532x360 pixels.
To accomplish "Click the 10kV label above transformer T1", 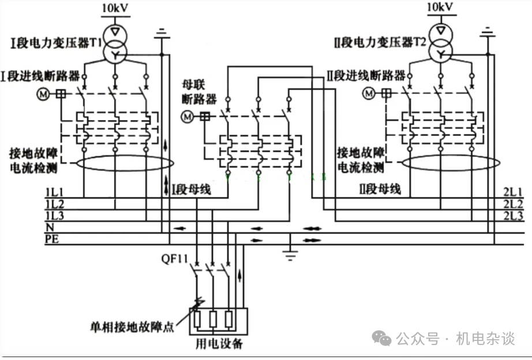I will pyautogui.click(x=115, y=8).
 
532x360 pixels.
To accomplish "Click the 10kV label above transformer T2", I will pyautogui.click(x=441, y=8).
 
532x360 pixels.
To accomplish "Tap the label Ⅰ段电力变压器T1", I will pyautogui.click(x=54, y=42).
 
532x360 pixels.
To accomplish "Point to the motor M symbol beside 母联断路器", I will pyautogui.click(x=187, y=117).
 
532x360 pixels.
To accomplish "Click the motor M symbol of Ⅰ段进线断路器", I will pyautogui.click(x=43, y=93).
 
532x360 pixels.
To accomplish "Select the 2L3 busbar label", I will pyautogui.click(x=513, y=216).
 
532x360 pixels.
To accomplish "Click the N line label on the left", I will pyautogui.click(x=49, y=227).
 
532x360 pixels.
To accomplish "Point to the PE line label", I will pyautogui.click(x=52, y=238).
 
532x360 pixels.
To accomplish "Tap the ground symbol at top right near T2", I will pyautogui.click(x=489, y=32).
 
